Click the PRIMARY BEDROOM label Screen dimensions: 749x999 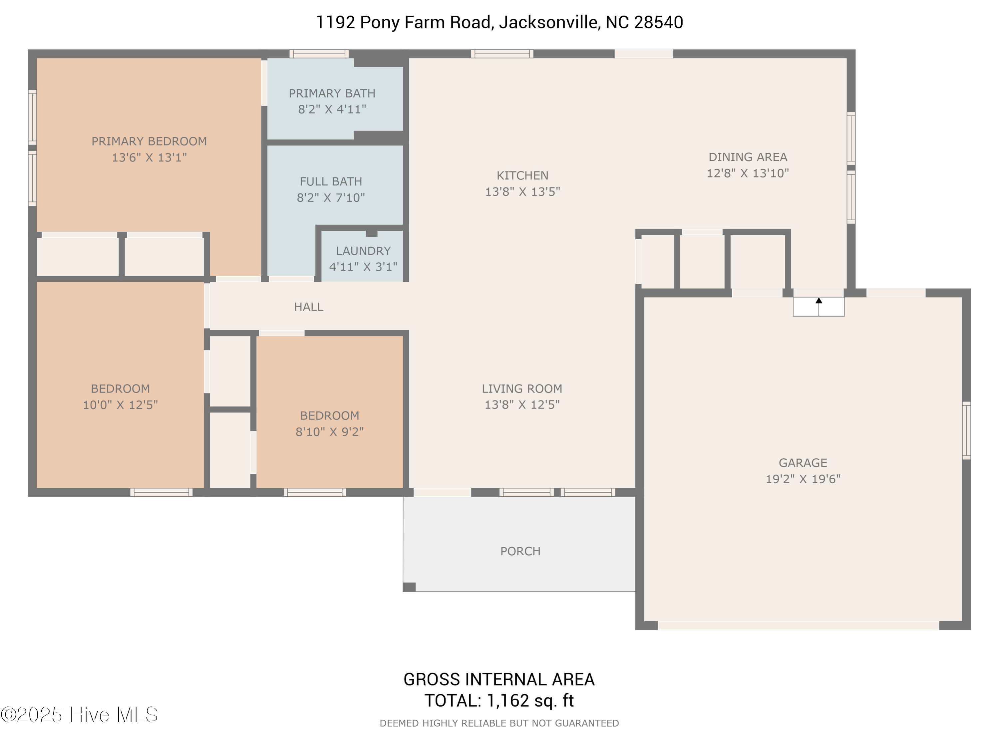[x=149, y=141]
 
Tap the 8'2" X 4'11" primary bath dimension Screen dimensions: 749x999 [x=332, y=109]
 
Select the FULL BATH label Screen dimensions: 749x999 [x=331, y=181]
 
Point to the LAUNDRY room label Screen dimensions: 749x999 [x=363, y=251]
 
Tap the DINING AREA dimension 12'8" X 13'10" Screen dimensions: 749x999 [x=748, y=173]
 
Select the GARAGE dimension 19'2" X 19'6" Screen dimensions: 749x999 [x=803, y=479]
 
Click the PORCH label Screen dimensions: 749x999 [x=520, y=551]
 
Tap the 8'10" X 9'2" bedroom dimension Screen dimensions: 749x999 [x=329, y=432]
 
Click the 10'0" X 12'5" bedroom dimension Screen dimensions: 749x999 [x=120, y=405]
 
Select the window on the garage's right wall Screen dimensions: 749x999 [x=966, y=430]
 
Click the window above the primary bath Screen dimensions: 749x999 [x=319, y=54]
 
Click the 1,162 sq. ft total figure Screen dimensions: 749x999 [x=530, y=701]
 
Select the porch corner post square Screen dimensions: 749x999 [x=409, y=587]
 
